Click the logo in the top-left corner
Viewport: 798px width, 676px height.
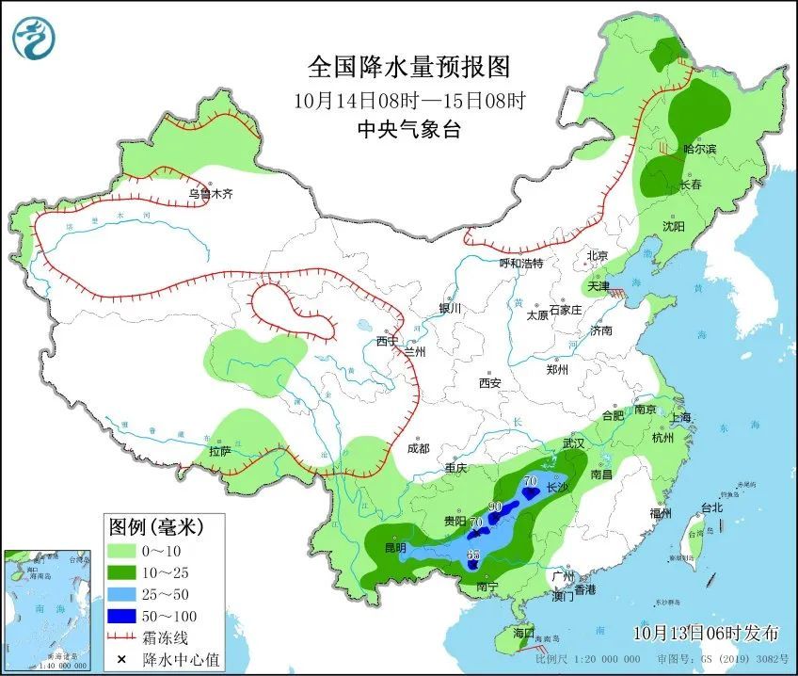pyautogui.click(x=35, y=38)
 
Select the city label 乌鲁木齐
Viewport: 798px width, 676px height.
pyautogui.click(x=209, y=194)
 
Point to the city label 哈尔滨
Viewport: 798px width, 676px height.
pyautogui.click(x=699, y=149)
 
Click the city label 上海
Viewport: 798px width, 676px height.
pyautogui.click(x=679, y=417)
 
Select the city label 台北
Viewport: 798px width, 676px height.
pyautogui.click(x=711, y=507)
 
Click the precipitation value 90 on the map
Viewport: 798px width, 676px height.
pyautogui.click(x=496, y=506)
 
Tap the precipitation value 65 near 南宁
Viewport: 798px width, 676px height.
pyautogui.click(x=473, y=555)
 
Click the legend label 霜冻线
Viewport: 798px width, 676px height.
pyautogui.click(x=168, y=638)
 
